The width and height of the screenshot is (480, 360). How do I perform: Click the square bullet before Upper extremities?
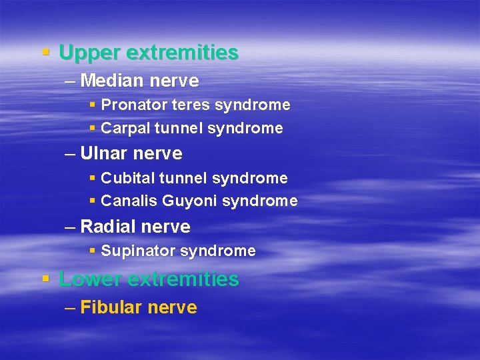[x=46, y=51]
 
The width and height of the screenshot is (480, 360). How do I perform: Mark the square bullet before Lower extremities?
[x=46, y=277]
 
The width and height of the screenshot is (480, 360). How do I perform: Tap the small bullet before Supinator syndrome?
[x=92, y=251]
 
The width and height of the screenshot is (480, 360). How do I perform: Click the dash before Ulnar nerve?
[x=71, y=154]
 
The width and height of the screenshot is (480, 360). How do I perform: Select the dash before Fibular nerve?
[x=71, y=308]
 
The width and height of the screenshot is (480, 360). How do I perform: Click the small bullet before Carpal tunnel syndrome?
[x=92, y=127]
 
